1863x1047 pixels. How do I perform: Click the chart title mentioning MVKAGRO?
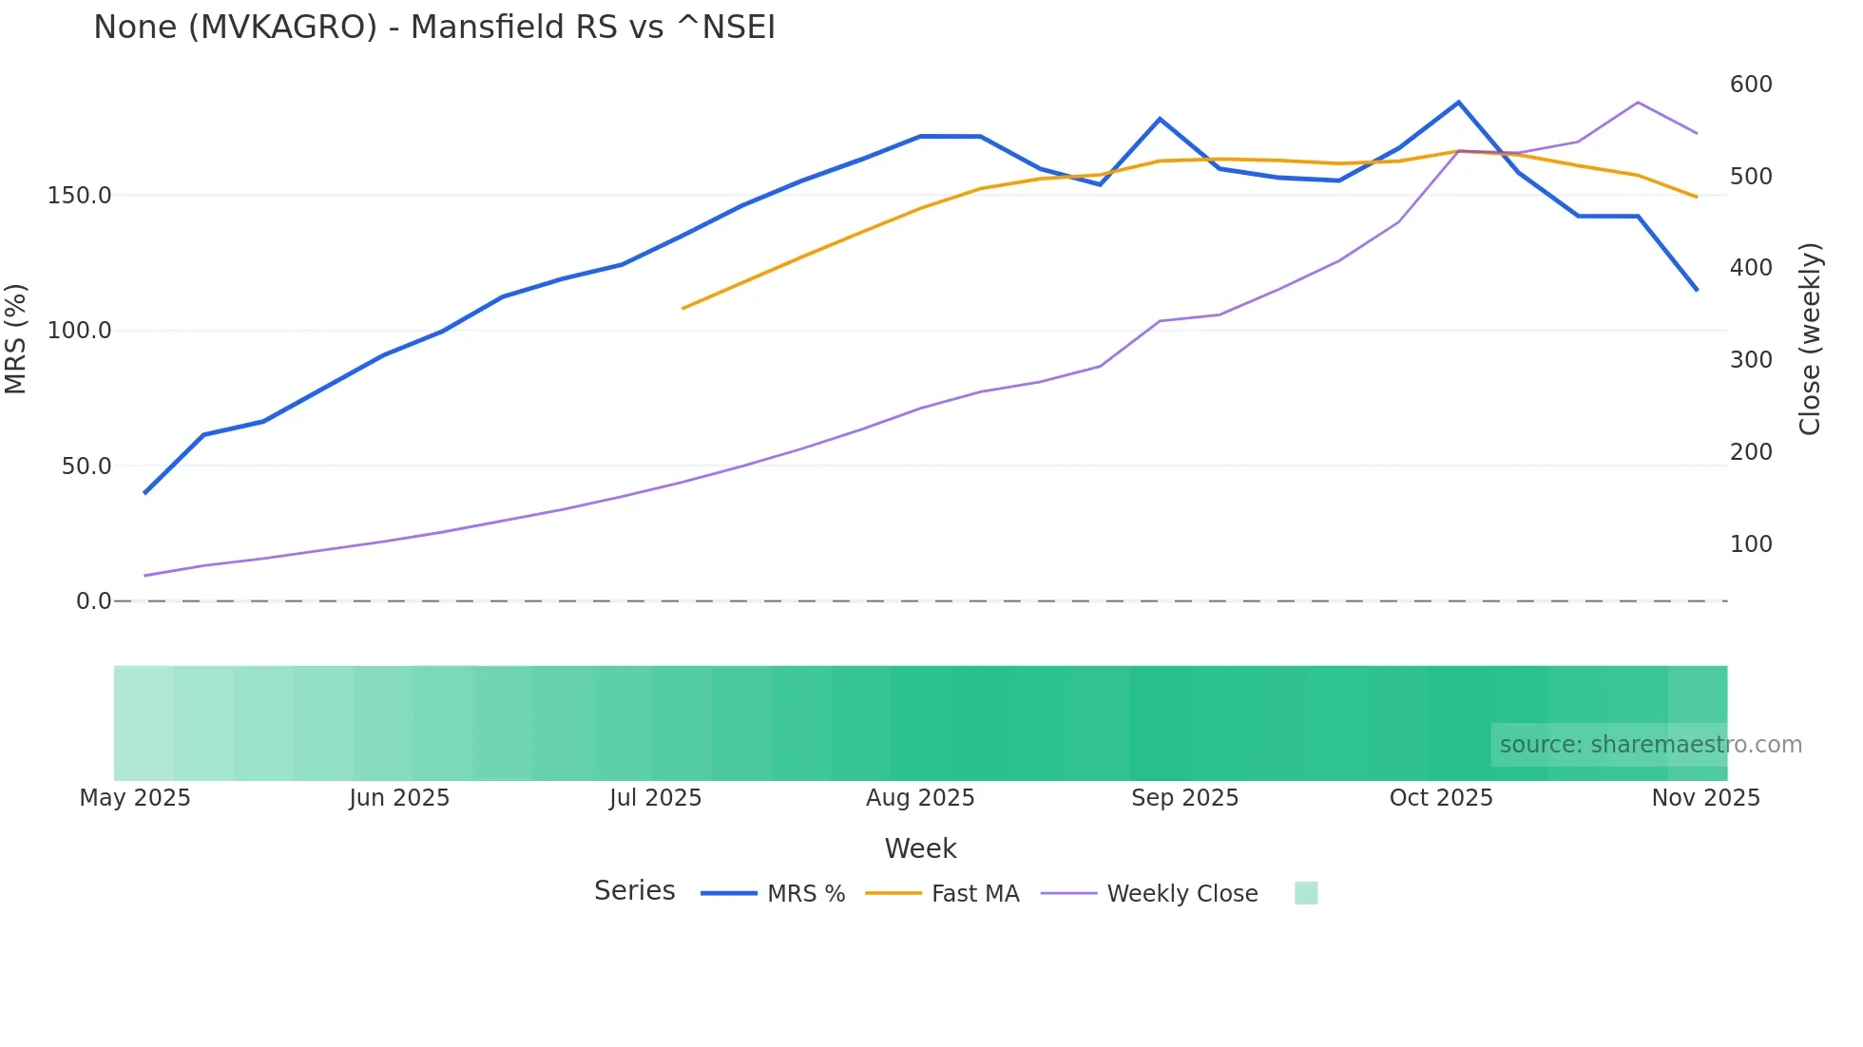pos(434,28)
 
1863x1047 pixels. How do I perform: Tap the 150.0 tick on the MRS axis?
pos(79,196)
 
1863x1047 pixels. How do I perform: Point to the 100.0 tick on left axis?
pos(79,331)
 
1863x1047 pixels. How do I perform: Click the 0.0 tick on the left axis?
pos(93,601)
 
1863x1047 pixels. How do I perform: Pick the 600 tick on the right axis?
pos(1751,85)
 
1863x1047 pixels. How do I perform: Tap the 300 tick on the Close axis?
pos(1751,360)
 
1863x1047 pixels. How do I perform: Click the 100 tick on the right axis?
pos(1751,544)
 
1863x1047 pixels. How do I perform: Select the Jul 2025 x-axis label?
pos(655,798)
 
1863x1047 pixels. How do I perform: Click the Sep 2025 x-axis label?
pos(1184,798)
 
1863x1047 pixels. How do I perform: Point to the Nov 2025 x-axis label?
pos(1705,798)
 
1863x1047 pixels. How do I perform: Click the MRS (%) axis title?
pos(16,338)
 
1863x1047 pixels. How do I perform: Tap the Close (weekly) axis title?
pos(1810,339)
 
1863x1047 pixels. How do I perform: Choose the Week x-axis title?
pos(920,848)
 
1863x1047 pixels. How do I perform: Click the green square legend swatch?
pos(1306,893)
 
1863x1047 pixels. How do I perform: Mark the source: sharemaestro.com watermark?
pos(1650,745)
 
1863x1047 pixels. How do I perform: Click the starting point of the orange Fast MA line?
pos(682,308)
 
